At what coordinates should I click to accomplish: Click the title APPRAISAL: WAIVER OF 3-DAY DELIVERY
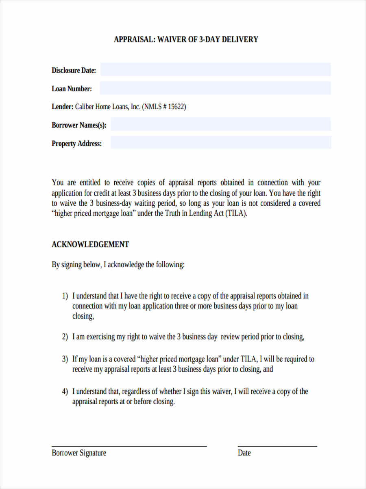click(x=186, y=40)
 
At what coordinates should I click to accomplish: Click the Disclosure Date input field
click(x=216, y=70)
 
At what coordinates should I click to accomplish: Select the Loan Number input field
click(x=215, y=88)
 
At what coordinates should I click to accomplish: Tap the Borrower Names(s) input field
click(x=220, y=124)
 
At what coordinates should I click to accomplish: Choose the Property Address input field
click(x=220, y=143)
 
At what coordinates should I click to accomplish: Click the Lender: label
click(x=62, y=107)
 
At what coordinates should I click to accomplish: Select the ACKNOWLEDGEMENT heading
click(x=90, y=244)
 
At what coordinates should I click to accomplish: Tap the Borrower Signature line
click(x=129, y=446)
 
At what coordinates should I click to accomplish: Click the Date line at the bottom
click(x=277, y=446)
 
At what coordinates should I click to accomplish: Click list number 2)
click(x=65, y=337)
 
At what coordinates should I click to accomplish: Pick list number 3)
click(x=65, y=359)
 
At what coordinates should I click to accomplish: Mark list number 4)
click(x=65, y=392)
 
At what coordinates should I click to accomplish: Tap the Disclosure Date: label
click(x=74, y=70)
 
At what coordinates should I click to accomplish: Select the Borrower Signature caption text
click(x=79, y=453)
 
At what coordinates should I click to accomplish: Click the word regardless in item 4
click(x=136, y=392)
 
